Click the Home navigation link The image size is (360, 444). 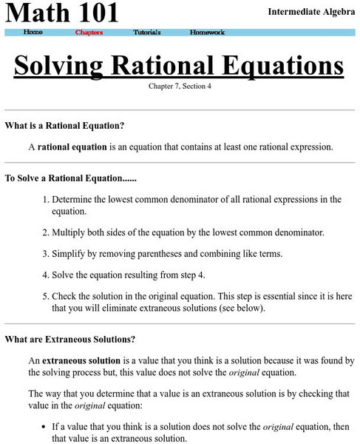[33, 33]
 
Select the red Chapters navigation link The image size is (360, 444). [89, 33]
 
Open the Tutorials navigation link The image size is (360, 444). [147, 33]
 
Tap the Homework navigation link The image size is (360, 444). [208, 33]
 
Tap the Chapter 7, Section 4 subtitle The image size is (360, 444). [180, 87]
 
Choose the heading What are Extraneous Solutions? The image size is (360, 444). [69, 340]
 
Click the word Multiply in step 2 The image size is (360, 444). [71, 232]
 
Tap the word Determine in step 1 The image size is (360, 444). [75, 199]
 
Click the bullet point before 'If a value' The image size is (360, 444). [44, 427]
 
